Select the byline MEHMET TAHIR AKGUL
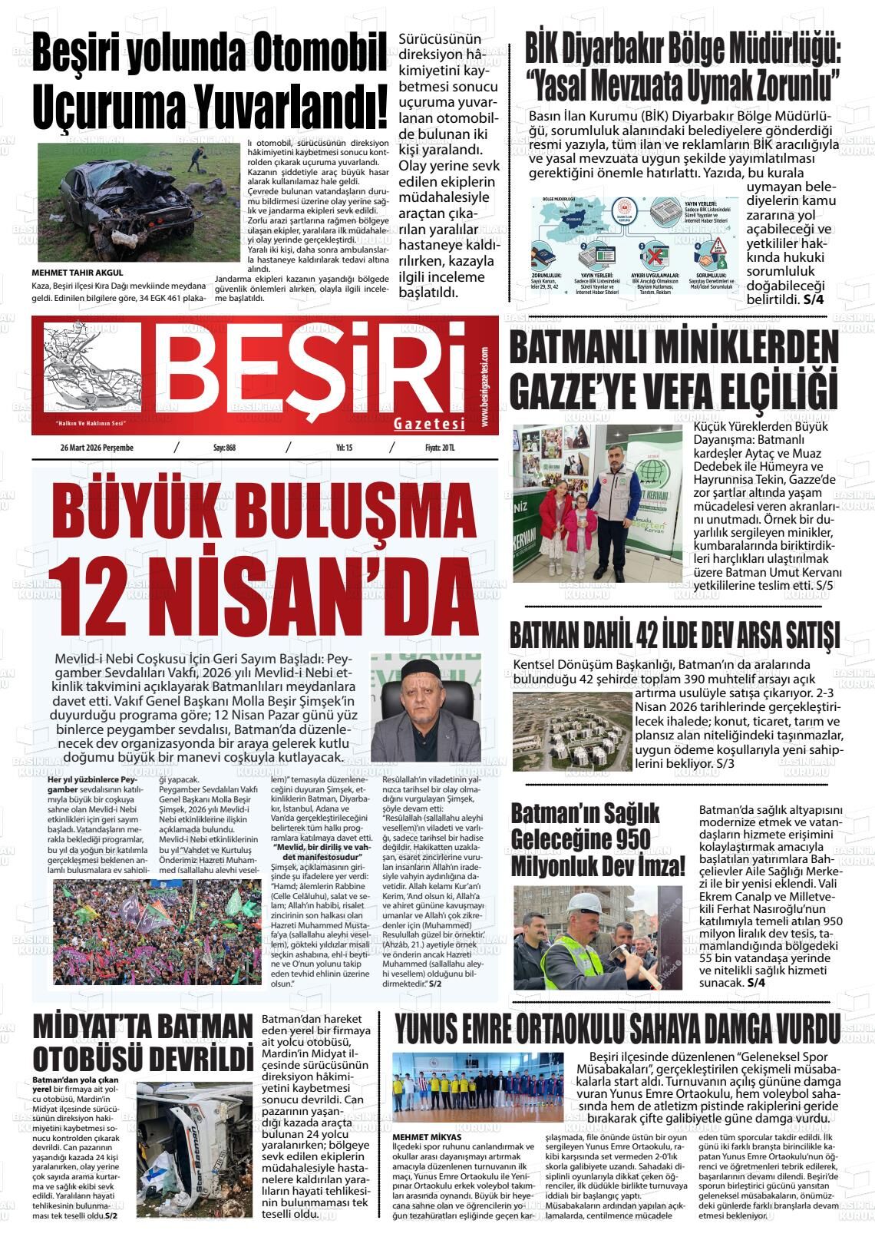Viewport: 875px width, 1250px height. (x=77, y=273)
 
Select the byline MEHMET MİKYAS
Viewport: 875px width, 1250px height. (x=426, y=1137)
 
